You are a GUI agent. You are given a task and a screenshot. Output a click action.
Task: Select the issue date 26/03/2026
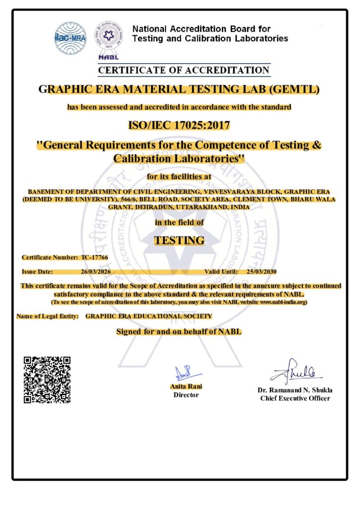tap(95, 272)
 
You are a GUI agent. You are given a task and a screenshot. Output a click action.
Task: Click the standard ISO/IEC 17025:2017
tap(179, 125)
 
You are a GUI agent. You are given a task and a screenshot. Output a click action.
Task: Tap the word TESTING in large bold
tap(179, 240)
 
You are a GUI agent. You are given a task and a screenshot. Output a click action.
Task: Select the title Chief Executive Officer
tap(295, 398)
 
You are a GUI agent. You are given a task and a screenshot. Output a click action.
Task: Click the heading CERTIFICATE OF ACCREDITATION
tap(184, 71)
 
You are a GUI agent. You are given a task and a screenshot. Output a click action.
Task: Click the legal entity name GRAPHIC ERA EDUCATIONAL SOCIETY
tap(149, 316)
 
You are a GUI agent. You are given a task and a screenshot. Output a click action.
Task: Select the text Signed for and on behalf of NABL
tap(179, 332)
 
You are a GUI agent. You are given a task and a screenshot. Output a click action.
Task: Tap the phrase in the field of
tap(179, 223)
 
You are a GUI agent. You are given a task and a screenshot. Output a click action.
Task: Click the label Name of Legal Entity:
tap(47, 316)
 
